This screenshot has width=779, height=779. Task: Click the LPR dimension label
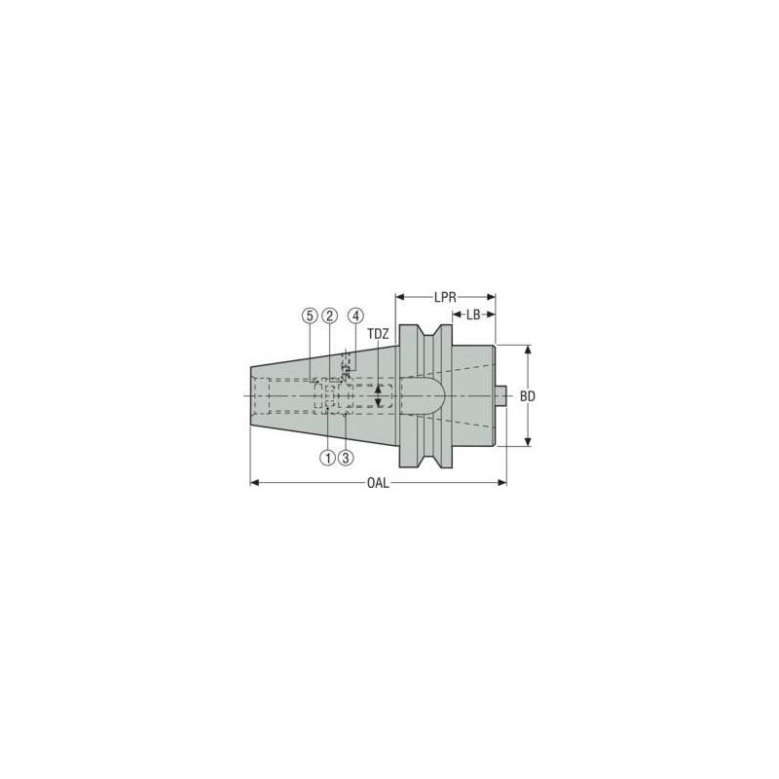[x=446, y=295]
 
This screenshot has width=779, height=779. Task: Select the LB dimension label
[x=473, y=315]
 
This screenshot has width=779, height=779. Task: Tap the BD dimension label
[x=528, y=397]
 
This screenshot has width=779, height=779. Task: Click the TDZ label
[x=378, y=334]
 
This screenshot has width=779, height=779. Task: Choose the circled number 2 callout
[x=330, y=315]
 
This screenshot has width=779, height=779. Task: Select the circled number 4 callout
[x=355, y=315]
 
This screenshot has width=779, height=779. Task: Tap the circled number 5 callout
[x=310, y=315]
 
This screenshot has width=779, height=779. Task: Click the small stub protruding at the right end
[x=501, y=396]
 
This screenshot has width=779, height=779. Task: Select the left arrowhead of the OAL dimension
[x=255, y=482]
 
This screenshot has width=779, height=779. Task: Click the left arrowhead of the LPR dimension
[x=400, y=295]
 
